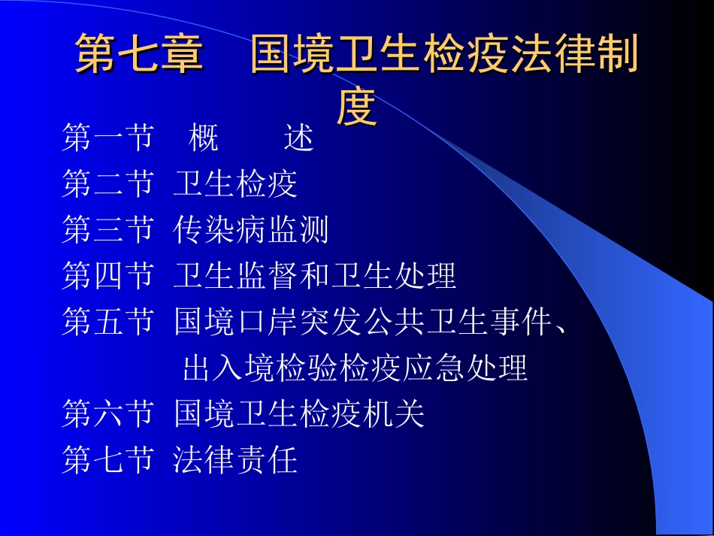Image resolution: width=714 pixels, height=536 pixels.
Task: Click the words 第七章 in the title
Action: pyautogui.click(x=139, y=56)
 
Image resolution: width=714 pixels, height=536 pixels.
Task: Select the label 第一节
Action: pyautogui.click(x=107, y=138)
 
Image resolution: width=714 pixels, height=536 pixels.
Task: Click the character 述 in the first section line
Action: pyautogui.click(x=299, y=138)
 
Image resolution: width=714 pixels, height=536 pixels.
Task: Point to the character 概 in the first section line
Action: pyautogui.click(x=204, y=138)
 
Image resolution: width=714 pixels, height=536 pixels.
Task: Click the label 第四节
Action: pyautogui.click(x=107, y=277)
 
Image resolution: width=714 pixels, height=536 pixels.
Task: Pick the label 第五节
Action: pyautogui.click(x=107, y=323)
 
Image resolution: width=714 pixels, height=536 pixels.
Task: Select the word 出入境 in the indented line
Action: pyautogui.click(x=229, y=369)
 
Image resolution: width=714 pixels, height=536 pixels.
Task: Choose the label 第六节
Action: pyautogui.click(x=107, y=414)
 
